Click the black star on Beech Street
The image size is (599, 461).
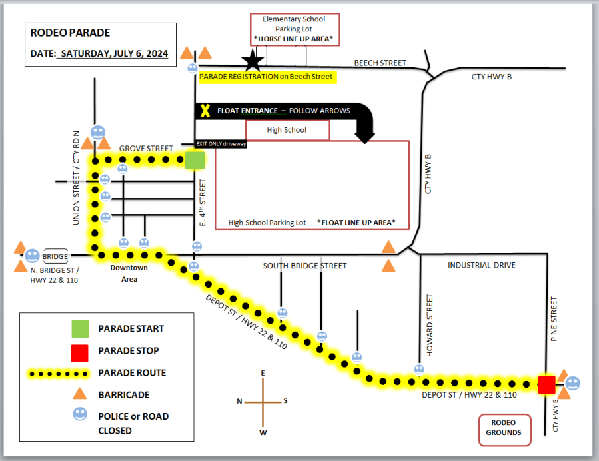253,61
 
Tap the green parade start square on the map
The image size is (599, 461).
195,161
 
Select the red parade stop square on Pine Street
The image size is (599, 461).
546,384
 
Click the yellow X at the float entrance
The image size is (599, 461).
205,111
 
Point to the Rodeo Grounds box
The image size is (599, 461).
504,430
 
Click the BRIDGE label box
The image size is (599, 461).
55,256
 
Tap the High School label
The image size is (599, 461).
287,130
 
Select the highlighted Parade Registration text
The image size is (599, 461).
266,77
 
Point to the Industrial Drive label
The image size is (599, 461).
482,266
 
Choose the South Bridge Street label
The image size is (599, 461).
304,266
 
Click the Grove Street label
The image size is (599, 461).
145,148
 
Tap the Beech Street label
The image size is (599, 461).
380,63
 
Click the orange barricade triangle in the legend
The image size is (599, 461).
80,394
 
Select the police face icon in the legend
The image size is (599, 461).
80,415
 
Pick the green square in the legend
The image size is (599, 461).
80,328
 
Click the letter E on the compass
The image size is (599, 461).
263,372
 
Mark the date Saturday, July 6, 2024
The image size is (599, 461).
113,53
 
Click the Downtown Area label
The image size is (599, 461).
129,273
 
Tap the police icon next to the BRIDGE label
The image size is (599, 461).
32,256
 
